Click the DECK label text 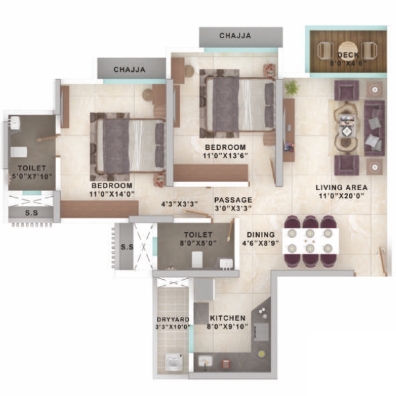348,55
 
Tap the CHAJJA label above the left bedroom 129,69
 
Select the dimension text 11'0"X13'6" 225,156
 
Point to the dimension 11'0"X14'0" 112,194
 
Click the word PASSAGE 233,200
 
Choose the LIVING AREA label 341,187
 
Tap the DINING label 261,234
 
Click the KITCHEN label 228,318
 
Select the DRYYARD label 173,319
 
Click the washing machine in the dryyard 174,362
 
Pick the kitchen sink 205,361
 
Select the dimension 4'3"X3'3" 180,204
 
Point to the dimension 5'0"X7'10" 32,176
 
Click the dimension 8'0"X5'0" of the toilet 198,243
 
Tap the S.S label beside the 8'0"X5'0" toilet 127,247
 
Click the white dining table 310,241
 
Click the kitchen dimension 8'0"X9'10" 228,327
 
